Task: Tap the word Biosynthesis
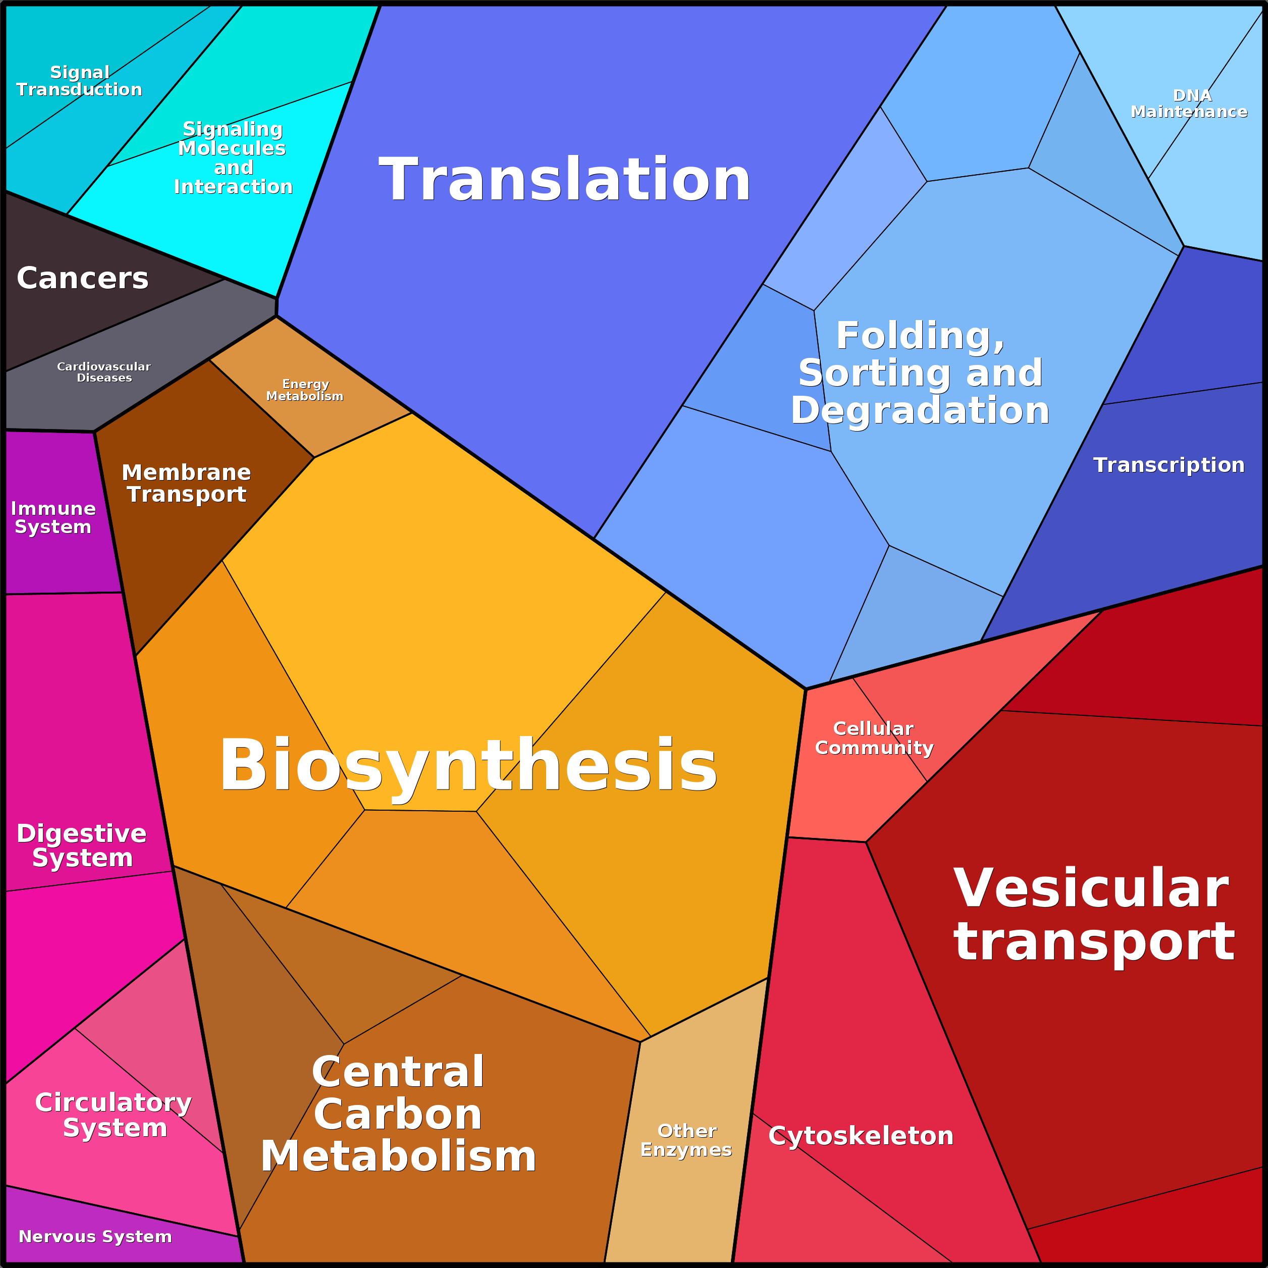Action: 468,765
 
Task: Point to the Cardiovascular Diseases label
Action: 103,372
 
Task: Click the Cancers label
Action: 83,278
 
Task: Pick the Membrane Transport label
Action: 186,483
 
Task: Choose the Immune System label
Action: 53,517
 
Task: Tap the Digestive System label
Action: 81,846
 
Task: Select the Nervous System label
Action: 95,1237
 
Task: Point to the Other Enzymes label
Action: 686,1140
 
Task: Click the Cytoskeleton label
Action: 861,1136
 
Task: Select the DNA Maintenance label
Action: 1189,103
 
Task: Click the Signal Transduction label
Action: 79,81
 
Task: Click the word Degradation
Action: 920,410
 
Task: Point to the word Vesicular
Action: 1091,888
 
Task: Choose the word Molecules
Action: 232,148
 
